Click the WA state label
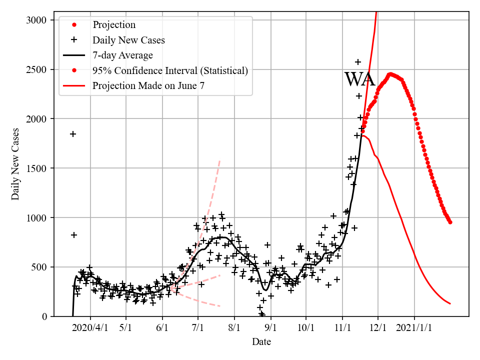359,80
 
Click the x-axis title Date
261,342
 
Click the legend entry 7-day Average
122,55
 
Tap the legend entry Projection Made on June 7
148,86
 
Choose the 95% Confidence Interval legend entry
170,70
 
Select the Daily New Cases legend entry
128,40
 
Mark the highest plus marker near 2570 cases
358,62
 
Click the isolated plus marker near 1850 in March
73,134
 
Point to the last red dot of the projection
450,222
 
